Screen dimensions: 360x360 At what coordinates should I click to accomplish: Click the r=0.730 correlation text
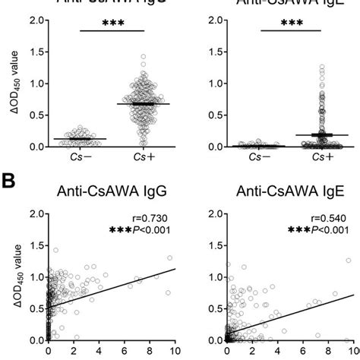(156, 218)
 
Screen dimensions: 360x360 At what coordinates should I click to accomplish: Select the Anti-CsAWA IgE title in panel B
(285, 195)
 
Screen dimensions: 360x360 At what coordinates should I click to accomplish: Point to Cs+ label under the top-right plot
(314, 157)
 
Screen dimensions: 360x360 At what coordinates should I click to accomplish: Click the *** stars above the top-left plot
(103, 24)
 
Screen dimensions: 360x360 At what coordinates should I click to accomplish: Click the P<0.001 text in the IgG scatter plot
(156, 230)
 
